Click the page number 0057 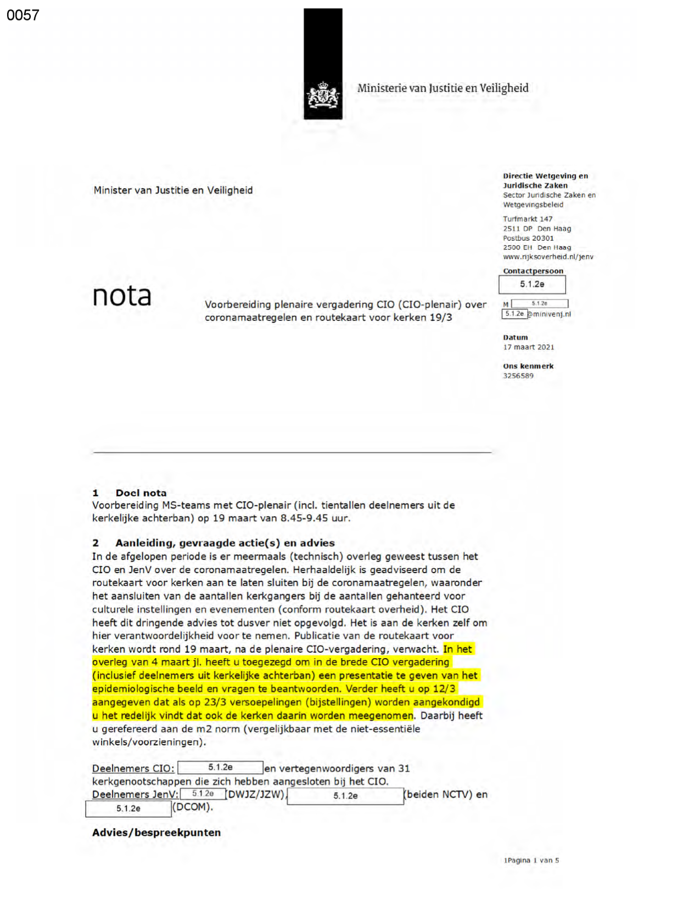coord(23,15)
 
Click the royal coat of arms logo coord(323,96)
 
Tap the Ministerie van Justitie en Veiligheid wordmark coord(443,88)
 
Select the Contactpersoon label coord(533,271)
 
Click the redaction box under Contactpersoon coord(532,284)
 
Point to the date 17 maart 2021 coord(529,347)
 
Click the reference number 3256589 coord(518,376)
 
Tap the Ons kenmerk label coord(528,366)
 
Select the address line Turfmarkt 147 coord(528,219)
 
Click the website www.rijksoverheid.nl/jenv coord(548,257)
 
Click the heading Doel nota coord(141,493)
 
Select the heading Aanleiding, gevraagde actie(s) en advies coord(225,542)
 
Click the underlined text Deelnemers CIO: coord(133,768)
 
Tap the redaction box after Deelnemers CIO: coord(220,767)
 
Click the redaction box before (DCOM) coord(128,808)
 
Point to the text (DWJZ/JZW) coord(256,794)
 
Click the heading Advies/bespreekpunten coord(156,832)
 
